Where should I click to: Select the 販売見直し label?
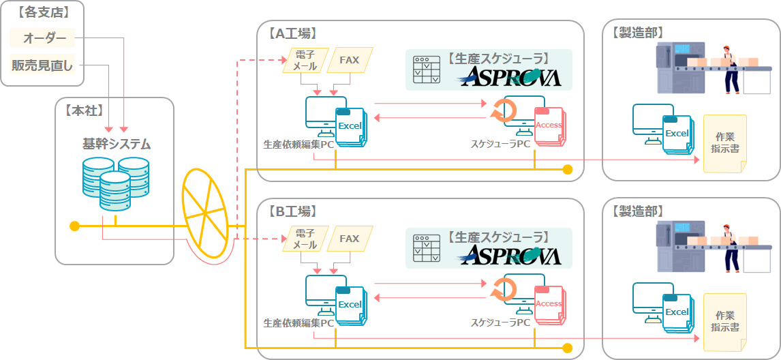pos(42,66)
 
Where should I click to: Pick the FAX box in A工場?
pos(349,60)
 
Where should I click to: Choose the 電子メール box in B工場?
pos(304,239)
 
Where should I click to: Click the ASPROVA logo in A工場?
pos(510,76)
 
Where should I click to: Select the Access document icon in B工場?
pos(548,304)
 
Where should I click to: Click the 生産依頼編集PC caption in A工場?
pos(298,145)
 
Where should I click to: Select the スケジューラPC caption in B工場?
pos(500,322)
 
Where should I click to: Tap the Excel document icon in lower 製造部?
pos(677,313)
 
